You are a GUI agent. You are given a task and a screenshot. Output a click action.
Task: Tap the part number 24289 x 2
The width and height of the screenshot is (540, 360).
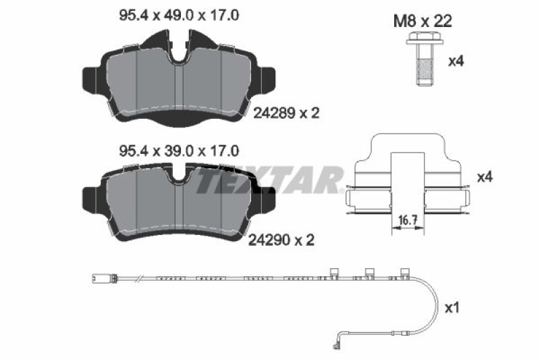tap(286, 113)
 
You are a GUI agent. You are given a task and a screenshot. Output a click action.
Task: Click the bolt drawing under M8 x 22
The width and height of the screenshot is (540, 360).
tap(422, 61)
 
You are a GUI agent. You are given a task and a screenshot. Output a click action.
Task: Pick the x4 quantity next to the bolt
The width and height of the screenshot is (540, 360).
tap(456, 60)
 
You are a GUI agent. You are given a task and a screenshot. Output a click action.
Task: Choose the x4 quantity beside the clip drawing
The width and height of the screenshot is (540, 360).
tap(485, 178)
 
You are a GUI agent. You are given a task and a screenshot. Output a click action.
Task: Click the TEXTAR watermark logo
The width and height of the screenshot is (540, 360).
tap(271, 180)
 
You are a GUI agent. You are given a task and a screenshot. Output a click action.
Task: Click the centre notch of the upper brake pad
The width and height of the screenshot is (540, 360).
tap(180, 54)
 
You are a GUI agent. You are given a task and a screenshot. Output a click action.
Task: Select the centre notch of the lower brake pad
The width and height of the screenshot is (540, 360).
tap(179, 177)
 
